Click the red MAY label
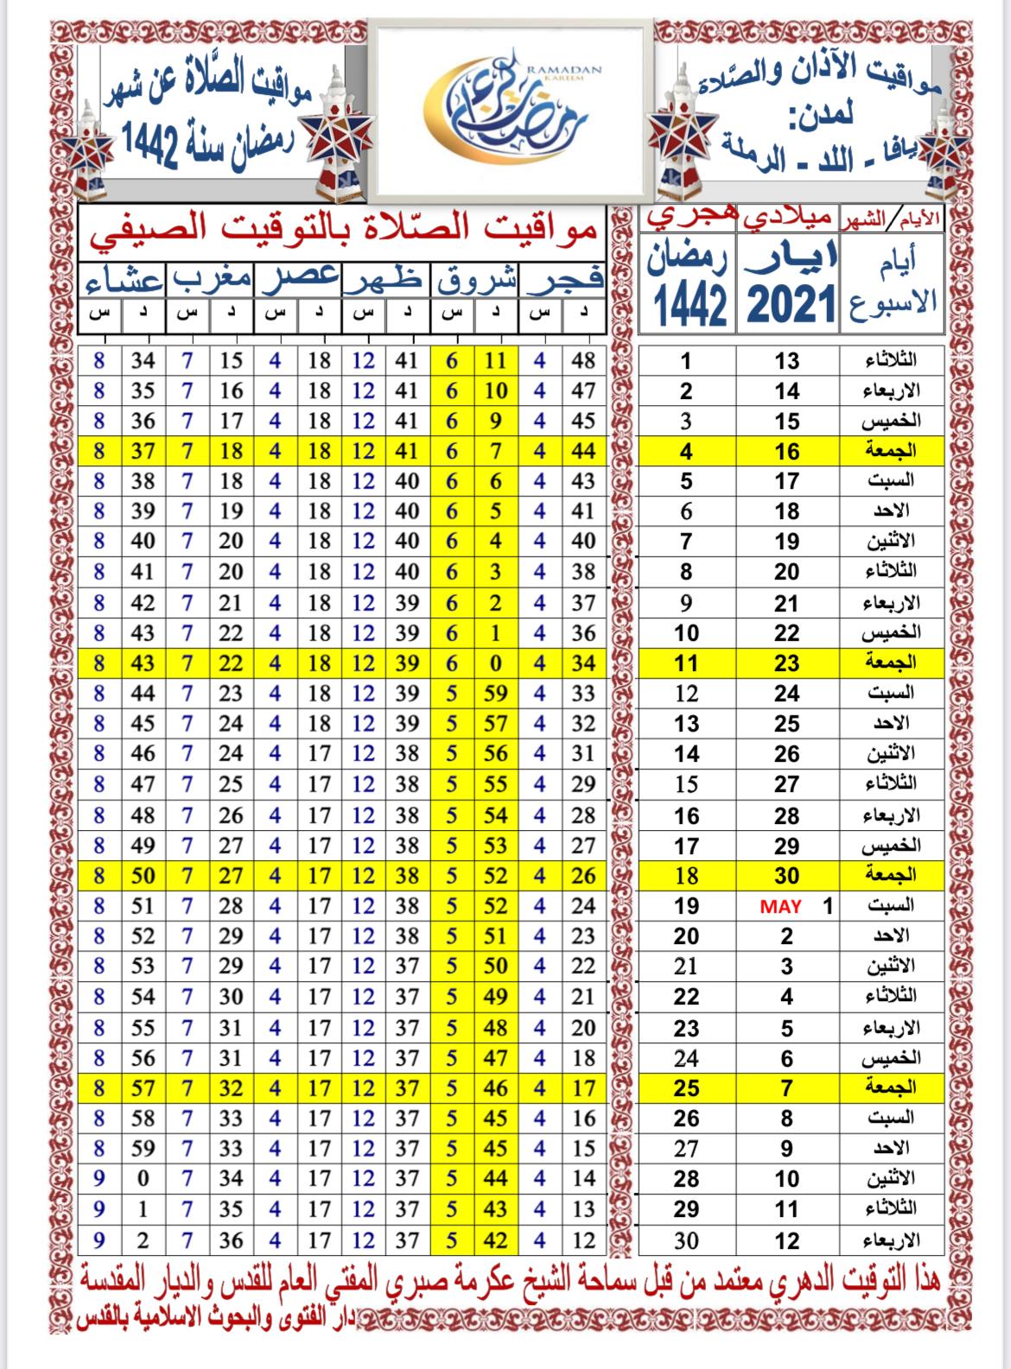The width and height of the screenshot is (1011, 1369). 780,907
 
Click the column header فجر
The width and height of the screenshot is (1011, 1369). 562,281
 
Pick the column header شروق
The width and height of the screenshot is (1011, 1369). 474,281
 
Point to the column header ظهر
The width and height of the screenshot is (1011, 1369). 385,281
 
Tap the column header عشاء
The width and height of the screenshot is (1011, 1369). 123,282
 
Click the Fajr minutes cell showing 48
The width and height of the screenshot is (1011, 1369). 583,360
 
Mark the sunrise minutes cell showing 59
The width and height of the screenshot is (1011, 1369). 495,694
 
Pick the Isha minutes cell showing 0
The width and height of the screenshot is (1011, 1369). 143,1179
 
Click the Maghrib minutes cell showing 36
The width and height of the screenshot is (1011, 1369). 231,1240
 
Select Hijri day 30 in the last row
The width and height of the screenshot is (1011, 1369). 686,1240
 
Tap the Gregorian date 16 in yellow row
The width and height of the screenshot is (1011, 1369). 786,451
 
